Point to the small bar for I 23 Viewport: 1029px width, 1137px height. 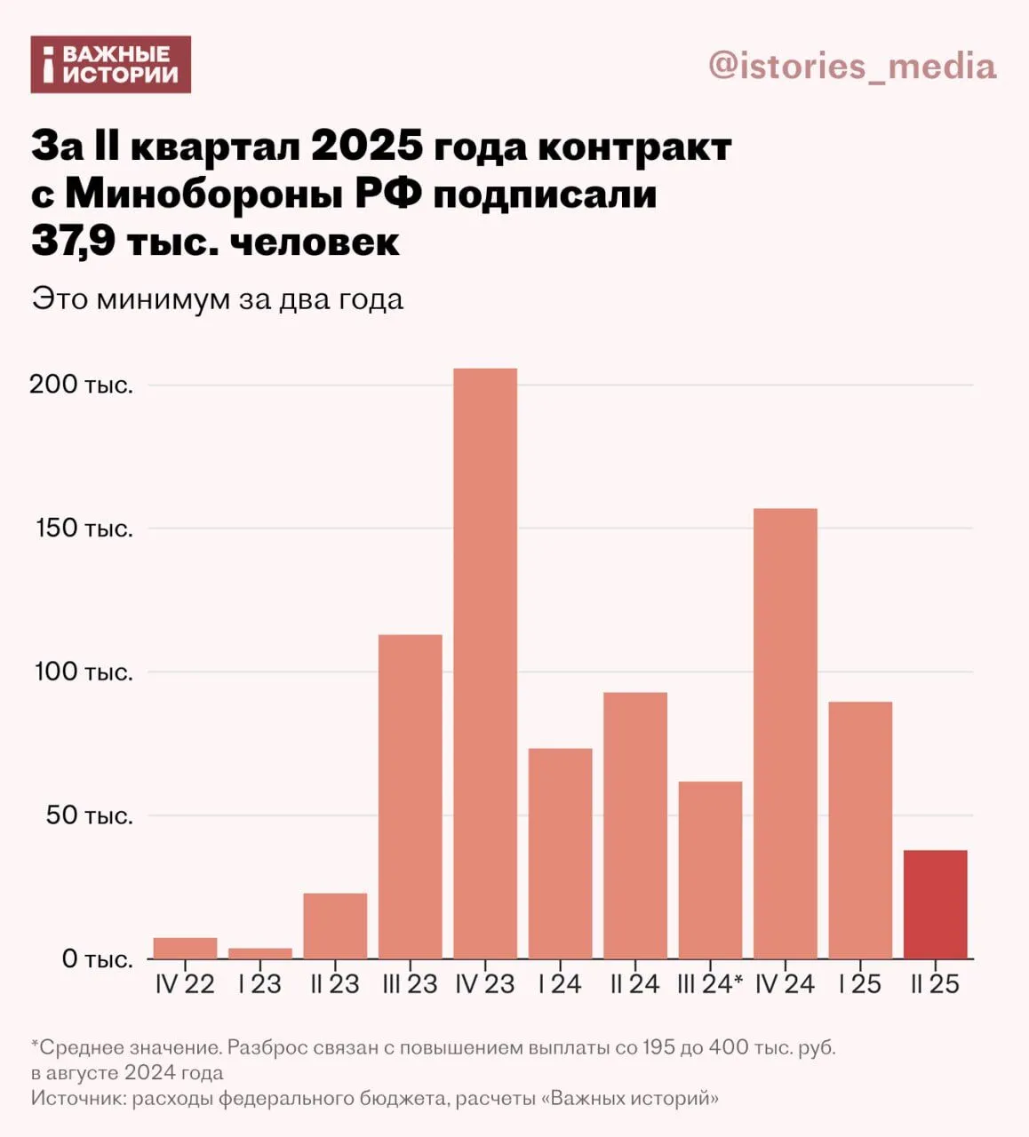(259, 953)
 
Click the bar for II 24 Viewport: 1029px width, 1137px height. (634, 825)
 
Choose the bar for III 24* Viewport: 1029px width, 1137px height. (710, 870)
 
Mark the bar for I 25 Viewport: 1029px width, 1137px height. (860, 830)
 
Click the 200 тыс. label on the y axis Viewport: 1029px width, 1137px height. (81, 385)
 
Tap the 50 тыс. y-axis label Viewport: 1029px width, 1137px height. (89, 815)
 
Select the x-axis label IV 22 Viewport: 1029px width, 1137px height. (185, 984)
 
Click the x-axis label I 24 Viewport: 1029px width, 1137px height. (560, 984)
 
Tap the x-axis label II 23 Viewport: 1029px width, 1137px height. (335, 984)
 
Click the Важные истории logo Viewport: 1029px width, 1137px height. (111, 64)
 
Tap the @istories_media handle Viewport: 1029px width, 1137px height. (851, 67)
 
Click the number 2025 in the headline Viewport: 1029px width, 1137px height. (366, 147)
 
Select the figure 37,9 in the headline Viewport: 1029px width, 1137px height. (72, 242)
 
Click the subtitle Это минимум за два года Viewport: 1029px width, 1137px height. (218, 299)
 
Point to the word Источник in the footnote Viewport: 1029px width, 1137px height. (78, 1098)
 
